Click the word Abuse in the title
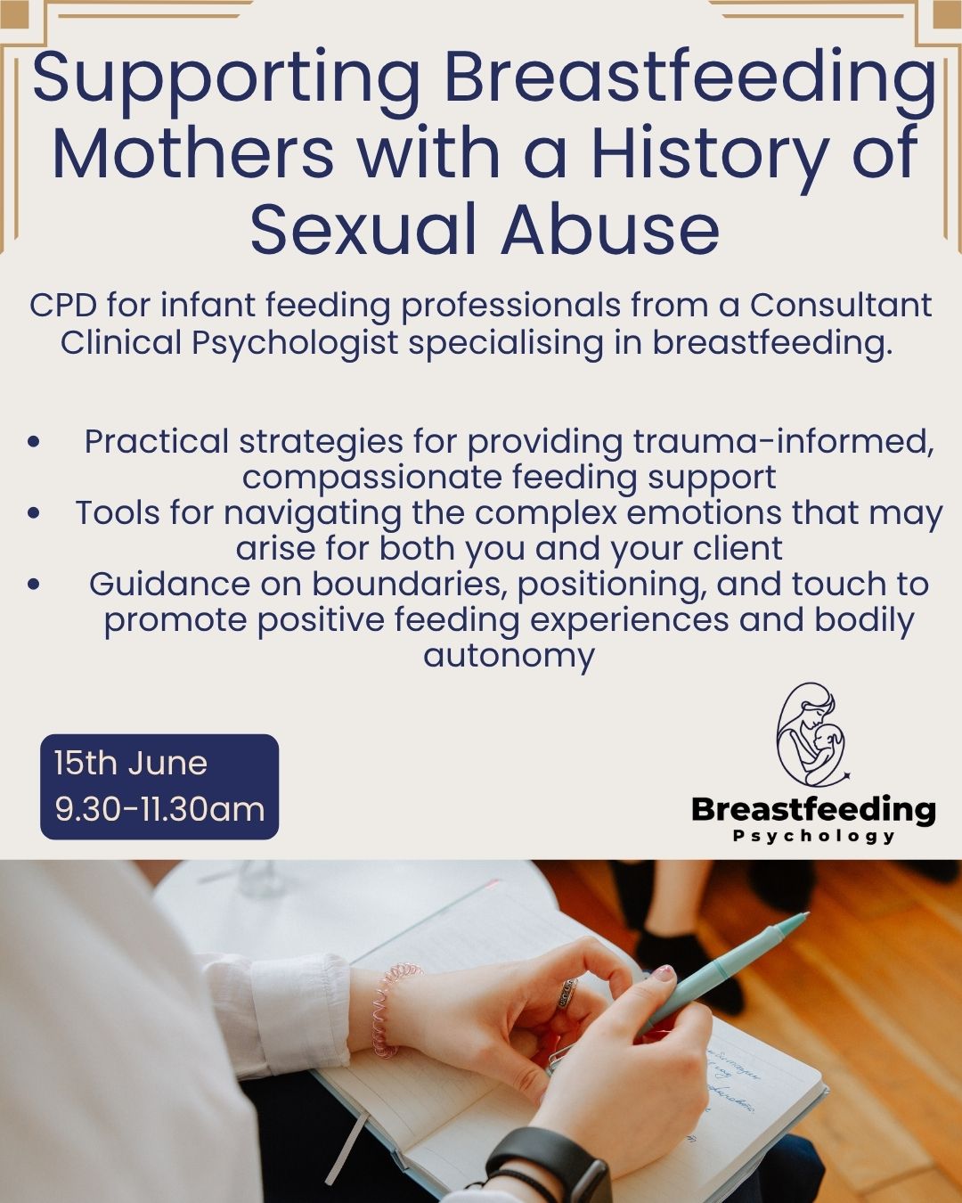[609, 229]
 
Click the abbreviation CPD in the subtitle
[62, 306]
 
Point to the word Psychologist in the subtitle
[295, 344]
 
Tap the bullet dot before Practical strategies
[34, 442]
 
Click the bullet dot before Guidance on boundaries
[34, 585]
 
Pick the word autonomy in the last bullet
[509, 656]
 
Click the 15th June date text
[131, 764]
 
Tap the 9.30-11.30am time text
[159, 809]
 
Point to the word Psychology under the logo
[813, 837]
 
